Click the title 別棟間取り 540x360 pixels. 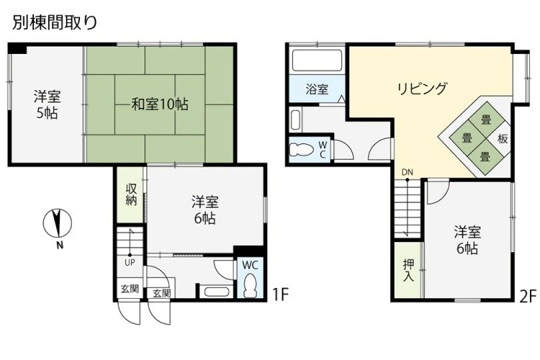coord(55,22)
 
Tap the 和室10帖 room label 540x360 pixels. coord(159,105)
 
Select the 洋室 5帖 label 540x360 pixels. coord(46,105)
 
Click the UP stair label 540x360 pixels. coord(129,261)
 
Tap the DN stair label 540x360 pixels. coord(407,173)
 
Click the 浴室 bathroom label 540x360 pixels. coord(317,89)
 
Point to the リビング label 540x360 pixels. coord(421,88)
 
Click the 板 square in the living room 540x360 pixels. coord(501,140)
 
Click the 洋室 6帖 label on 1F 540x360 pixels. coord(204,209)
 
